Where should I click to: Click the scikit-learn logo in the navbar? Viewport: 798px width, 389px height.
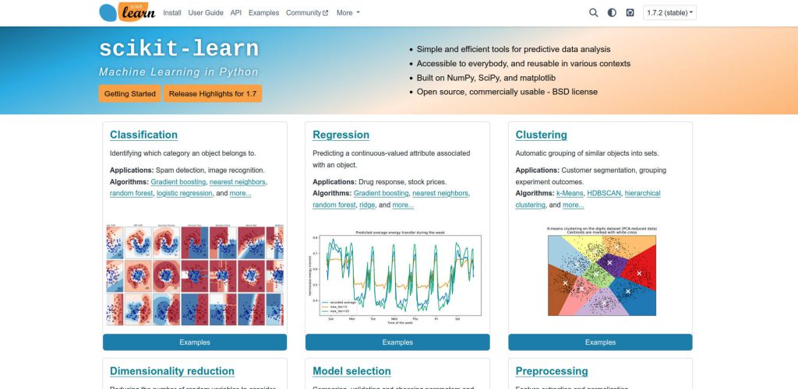(127, 12)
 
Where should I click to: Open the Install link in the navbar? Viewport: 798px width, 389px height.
(172, 13)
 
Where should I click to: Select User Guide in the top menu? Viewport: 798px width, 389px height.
(206, 13)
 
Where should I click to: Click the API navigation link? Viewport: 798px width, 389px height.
(236, 13)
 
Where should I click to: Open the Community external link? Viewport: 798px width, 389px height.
(307, 13)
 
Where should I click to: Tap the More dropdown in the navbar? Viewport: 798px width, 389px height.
(348, 13)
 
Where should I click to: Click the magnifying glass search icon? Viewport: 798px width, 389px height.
(594, 13)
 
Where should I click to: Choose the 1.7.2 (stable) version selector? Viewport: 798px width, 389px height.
(669, 13)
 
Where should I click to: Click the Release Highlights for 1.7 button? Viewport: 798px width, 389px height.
(213, 93)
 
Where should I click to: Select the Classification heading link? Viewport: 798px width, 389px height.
(143, 135)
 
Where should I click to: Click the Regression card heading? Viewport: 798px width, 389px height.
(341, 135)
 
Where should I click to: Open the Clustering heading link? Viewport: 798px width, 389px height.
(541, 135)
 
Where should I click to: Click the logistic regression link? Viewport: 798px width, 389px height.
(184, 193)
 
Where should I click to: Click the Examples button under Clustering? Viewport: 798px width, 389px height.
(600, 342)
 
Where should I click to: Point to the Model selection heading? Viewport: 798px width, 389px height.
(351, 371)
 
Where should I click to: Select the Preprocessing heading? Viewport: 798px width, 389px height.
(552, 371)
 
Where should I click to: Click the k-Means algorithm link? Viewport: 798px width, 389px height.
(570, 193)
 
